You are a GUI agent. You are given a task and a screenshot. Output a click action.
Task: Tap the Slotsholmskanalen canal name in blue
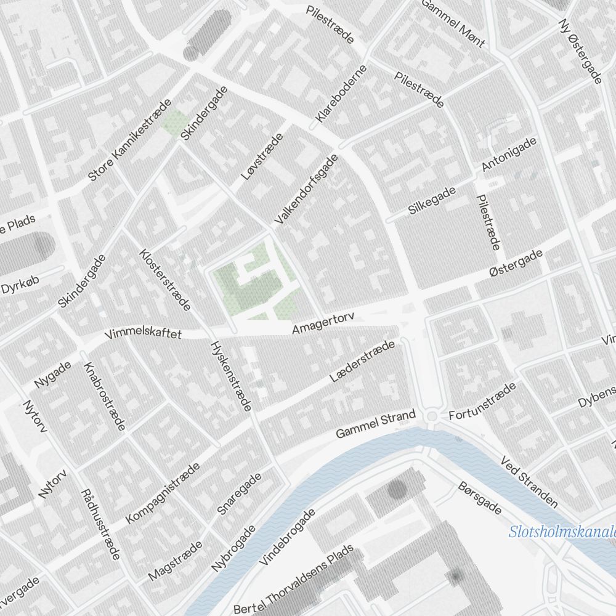[562, 532]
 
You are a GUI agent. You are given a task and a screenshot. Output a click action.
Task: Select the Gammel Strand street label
[376, 424]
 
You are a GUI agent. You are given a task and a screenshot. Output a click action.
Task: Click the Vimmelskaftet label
[143, 334]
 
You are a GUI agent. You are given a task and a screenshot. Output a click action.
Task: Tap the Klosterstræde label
[164, 280]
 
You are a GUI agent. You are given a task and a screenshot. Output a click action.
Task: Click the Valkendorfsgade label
[306, 189]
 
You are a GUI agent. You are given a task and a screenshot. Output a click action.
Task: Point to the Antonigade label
[509, 155]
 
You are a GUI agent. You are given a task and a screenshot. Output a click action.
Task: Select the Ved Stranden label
[529, 482]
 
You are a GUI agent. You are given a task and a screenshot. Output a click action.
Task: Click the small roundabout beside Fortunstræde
[432, 418]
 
